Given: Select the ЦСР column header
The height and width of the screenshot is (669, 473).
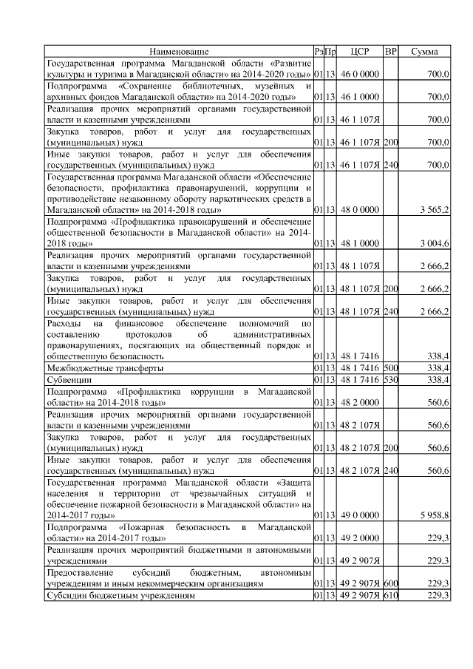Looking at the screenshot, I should [359, 52].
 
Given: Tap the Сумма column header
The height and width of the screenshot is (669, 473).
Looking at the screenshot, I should [424, 52].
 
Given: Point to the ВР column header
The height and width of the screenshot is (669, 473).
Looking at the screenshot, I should [391, 52].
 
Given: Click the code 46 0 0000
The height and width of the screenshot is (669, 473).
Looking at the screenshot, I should [359, 75].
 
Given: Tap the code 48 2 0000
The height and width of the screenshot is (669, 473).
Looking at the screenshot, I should [359, 402].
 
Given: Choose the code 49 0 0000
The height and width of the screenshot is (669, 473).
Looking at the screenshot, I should [359, 515].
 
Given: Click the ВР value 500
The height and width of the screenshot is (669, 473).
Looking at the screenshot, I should [391, 367].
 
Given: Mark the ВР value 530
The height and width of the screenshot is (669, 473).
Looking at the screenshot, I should [391, 380].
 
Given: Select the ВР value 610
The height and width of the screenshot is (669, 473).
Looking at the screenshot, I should [391, 596].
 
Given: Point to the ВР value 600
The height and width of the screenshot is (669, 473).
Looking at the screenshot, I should [391, 583].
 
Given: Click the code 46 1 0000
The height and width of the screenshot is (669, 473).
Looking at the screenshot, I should [359, 97].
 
